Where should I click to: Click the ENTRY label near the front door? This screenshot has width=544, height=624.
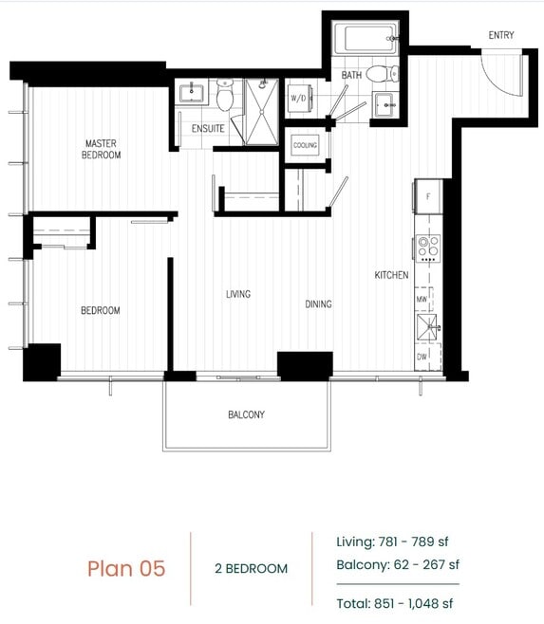pyautogui.click(x=501, y=35)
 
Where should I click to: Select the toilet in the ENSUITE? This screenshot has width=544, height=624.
pyautogui.click(x=225, y=96)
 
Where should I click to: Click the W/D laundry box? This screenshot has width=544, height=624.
pyautogui.click(x=298, y=98)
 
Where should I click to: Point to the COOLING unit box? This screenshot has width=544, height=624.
pyautogui.click(x=305, y=145)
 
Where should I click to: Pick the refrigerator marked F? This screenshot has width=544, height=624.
pyautogui.click(x=428, y=196)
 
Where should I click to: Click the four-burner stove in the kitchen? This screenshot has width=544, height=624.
pyautogui.click(x=428, y=248)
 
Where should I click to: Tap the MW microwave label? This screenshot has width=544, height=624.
pyautogui.click(x=422, y=299)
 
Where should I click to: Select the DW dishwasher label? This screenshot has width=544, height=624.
pyautogui.click(x=422, y=358)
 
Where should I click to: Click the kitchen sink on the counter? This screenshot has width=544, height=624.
pyautogui.click(x=428, y=328)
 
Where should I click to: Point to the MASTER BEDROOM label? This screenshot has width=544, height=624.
pyautogui.click(x=101, y=149)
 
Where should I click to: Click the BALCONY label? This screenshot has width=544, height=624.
pyautogui.click(x=246, y=414)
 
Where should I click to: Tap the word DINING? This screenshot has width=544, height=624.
pyautogui.click(x=318, y=304)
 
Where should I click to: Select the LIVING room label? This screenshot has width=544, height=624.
pyautogui.click(x=238, y=294)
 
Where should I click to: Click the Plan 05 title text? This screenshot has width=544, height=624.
pyautogui.click(x=126, y=568)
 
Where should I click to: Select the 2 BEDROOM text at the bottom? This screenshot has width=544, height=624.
pyautogui.click(x=251, y=569)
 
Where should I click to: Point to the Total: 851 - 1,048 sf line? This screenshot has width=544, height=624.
pyautogui.click(x=395, y=602)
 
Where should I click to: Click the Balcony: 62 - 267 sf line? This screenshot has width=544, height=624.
pyautogui.click(x=398, y=565)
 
